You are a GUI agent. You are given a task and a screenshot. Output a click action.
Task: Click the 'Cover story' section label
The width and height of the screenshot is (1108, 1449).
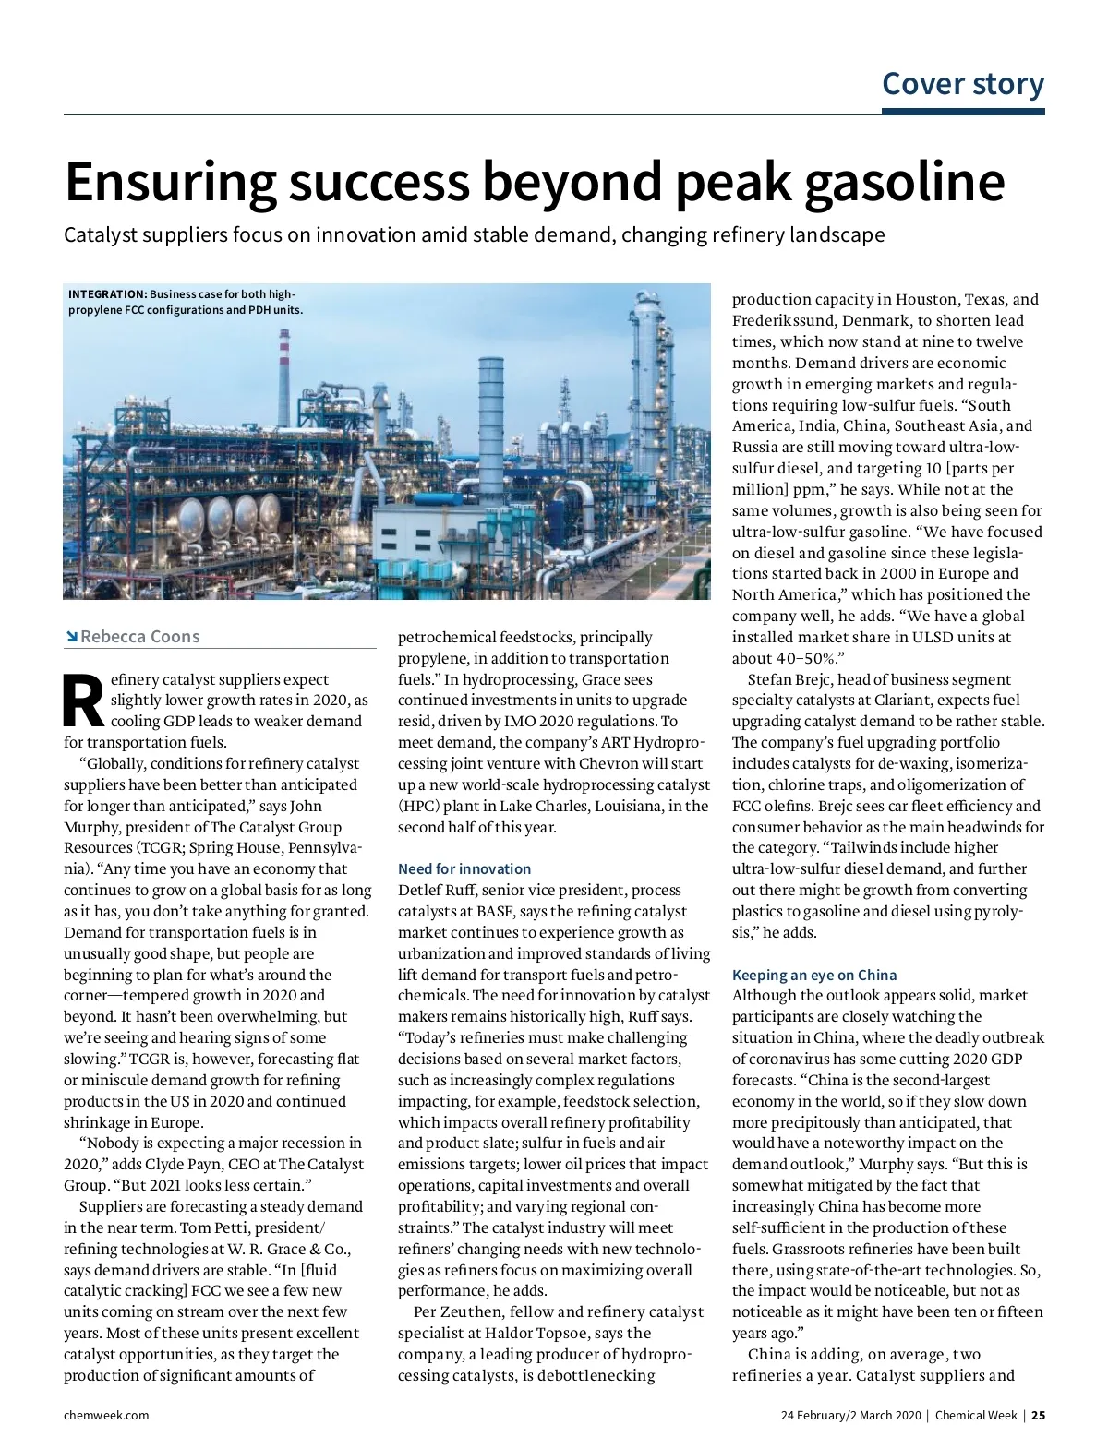pyautogui.click(x=963, y=83)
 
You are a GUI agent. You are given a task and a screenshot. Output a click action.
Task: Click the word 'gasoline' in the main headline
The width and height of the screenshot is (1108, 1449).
pyautogui.click(x=905, y=182)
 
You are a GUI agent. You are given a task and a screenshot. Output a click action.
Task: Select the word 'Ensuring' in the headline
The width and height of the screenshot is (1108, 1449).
pyautogui.click(x=170, y=182)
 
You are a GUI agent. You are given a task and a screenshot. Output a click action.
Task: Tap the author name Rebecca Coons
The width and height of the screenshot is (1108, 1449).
pyautogui.click(x=139, y=636)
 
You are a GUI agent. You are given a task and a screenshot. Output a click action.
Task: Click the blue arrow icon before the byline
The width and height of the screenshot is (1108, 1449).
pyautogui.click(x=71, y=636)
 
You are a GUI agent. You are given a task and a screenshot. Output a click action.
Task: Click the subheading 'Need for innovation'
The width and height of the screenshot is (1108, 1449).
pyautogui.click(x=464, y=868)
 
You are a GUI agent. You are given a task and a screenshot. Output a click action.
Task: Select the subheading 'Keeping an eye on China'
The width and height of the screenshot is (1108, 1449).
pyautogui.click(x=814, y=975)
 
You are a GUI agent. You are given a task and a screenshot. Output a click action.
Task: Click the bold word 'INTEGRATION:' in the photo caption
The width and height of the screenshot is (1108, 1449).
pyautogui.click(x=107, y=294)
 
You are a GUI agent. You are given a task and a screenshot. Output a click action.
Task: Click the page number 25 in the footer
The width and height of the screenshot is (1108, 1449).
pyautogui.click(x=1039, y=1415)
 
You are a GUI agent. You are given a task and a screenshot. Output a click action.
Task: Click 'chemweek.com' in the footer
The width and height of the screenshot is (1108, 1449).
pyautogui.click(x=106, y=1415)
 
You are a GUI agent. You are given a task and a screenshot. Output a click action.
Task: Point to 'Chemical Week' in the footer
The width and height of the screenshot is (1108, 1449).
pyautogui.click(x=976, y=1415)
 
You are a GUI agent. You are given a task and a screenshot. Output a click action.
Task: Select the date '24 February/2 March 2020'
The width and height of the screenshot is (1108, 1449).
pyautogui.click(x=850, y=1415)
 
